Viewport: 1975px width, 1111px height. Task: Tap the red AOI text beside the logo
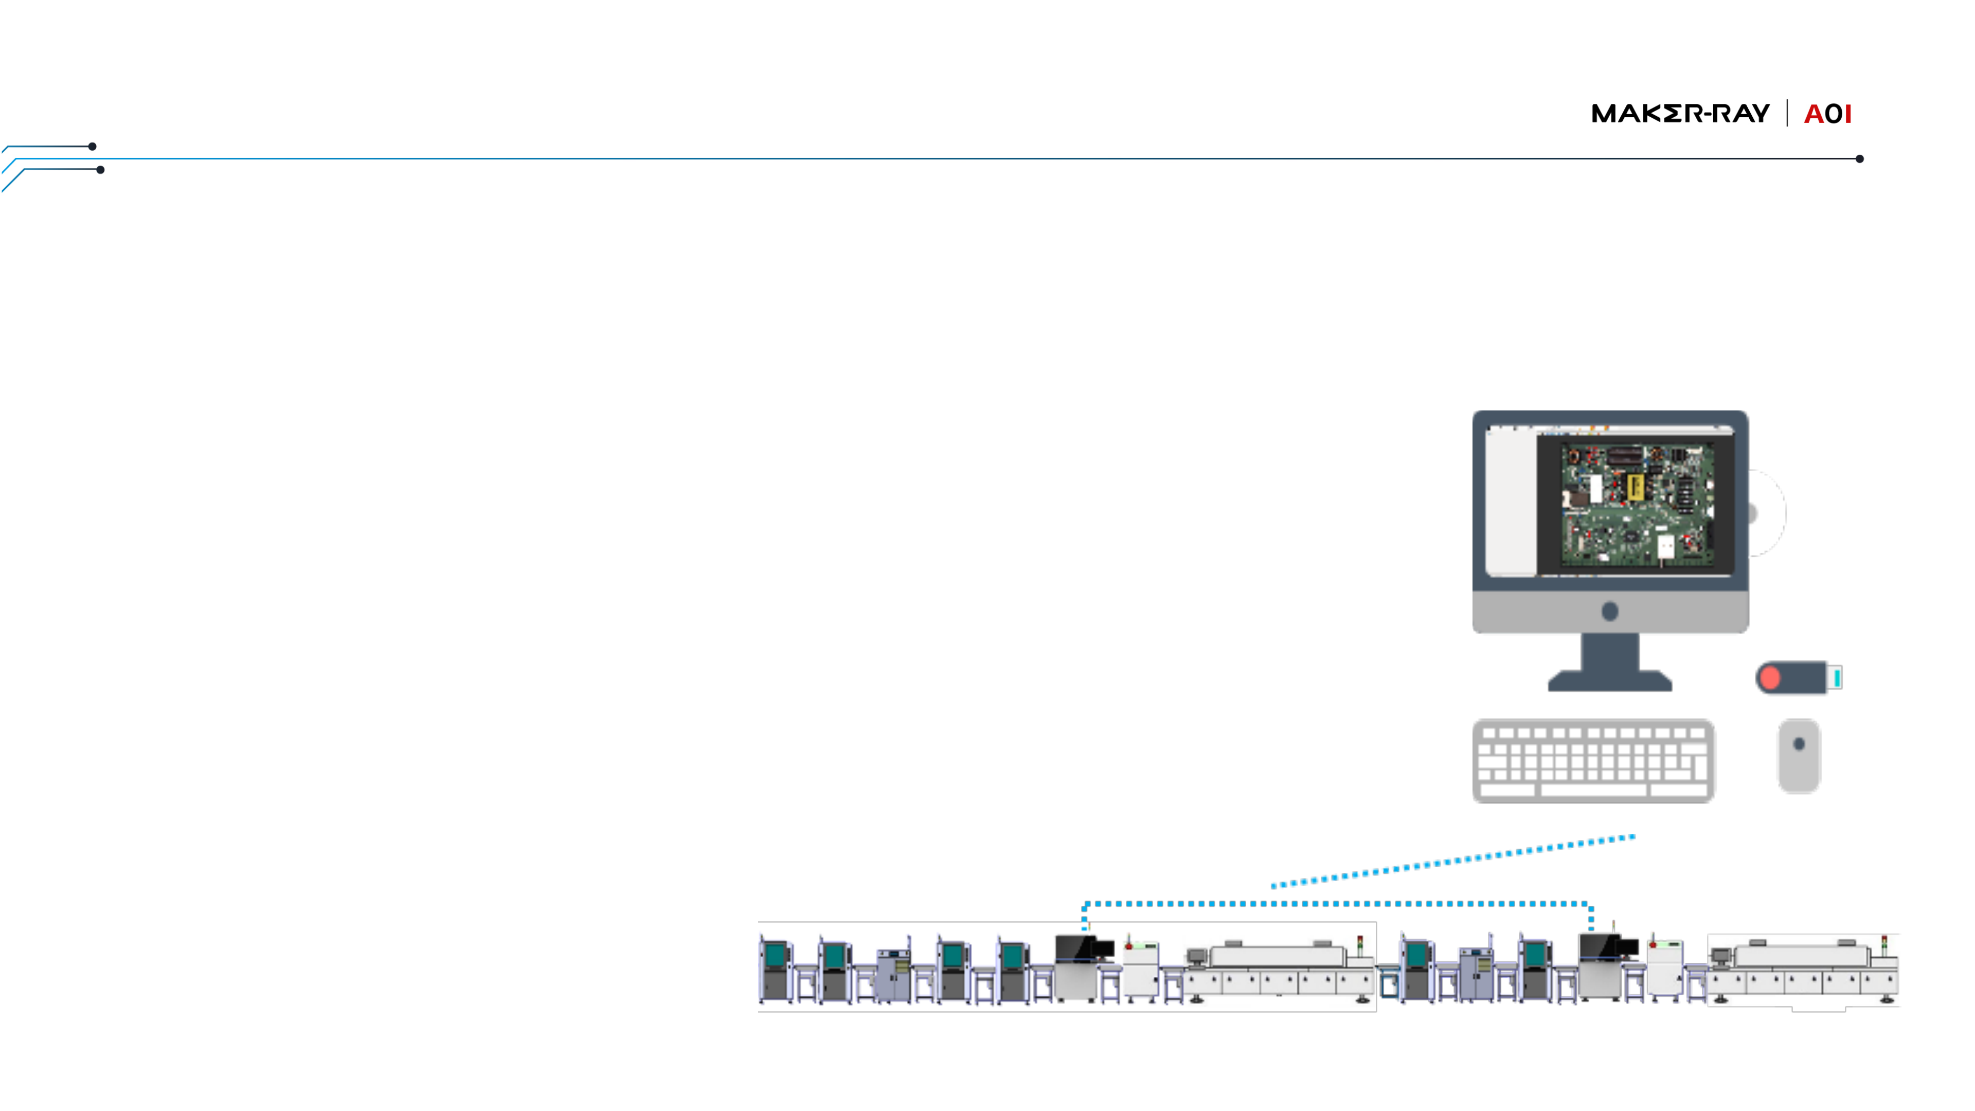pos(1828,114)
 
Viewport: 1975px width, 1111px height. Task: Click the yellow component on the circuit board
pos(1635,486)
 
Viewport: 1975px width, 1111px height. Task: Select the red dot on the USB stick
pos(1769,678)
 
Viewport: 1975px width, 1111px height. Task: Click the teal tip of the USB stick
pos(1837,678)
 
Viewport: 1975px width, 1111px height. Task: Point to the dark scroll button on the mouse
pos(1799,744)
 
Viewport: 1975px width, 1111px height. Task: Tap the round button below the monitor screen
pos(1610,611)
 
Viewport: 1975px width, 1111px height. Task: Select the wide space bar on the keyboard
pos(1593,790)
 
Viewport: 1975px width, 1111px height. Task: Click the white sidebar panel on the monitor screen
pos(1511,502)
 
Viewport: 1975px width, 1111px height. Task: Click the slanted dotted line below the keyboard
pos(1453,861)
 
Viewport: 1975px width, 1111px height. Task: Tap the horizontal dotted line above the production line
pos(1338,904)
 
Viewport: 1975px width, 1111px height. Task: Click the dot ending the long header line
pos(1859,159)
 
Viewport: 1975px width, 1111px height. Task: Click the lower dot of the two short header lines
pos(100,169)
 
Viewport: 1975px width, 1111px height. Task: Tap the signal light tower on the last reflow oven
pos(1884,945)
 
